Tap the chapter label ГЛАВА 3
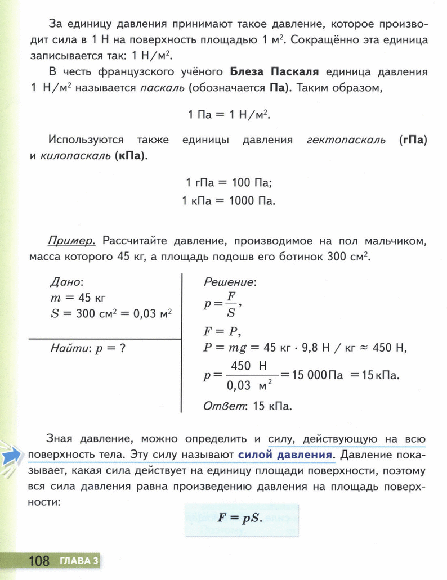pos(79,560)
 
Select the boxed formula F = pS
pos(240,517)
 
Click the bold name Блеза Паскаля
pos(275,73)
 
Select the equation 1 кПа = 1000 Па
pos(229,200)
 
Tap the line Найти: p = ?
pos(87,348)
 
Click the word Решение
pos(230,282)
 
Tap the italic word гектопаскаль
pos(346,140)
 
